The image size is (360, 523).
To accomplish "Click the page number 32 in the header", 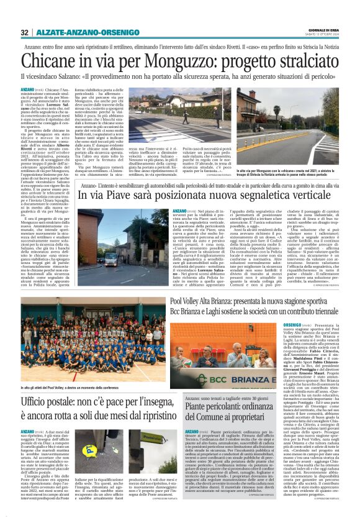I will click(25, 32).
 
